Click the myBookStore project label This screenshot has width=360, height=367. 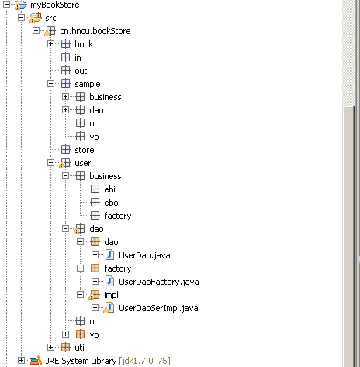pos(55,5)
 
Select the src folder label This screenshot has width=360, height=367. pos(50,18)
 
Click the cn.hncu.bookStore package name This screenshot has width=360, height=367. pos(95,31)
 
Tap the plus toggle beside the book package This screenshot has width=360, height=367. pos(51,44)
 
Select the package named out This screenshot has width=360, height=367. pos(81,71)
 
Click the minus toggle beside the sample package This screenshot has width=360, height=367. pos(51,84)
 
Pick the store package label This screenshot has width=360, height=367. pos(85,150)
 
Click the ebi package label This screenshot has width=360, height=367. pos(109,189)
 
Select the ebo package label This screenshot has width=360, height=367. pos(111,203)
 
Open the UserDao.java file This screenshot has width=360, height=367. pos(144,255)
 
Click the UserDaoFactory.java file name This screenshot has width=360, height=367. pos(159,282)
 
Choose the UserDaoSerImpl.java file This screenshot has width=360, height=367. pos(158,308)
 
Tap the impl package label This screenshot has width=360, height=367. pos(111,295)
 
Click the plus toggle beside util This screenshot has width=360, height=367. pos(51,348)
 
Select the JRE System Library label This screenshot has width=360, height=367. pos(81,361)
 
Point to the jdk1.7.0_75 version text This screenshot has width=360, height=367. pos(144,361)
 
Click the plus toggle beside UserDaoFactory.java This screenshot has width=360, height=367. pos(95,281)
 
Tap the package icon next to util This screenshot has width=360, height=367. pos(66,348)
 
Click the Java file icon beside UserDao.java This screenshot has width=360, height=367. pos(110,255)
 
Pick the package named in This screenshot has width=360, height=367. pos(78,57)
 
